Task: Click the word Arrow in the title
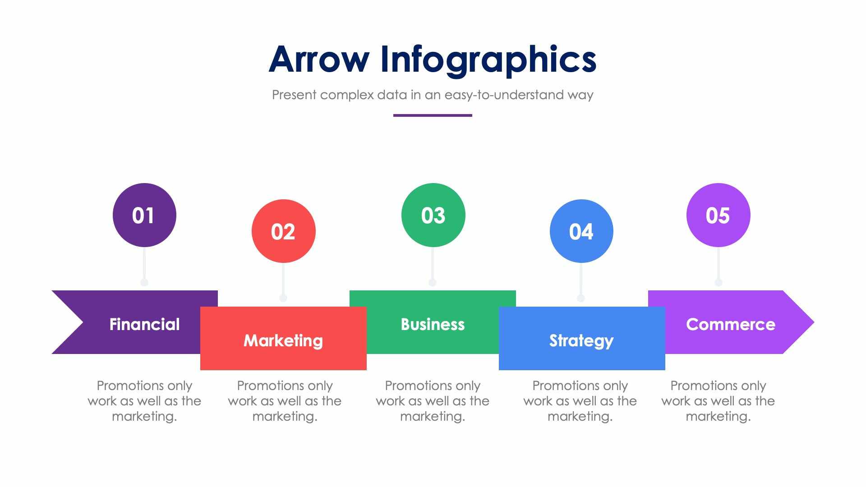tap(319, 59)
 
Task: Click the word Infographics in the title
tap(488, 60)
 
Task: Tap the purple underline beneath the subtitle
tap(433, 115)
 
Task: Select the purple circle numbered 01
tap(144, 215)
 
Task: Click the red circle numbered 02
tap(283, 231)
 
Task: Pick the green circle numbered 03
tap(433, 215)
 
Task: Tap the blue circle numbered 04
tap(581, 231)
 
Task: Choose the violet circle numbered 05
tap(718, 215)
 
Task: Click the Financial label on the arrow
tap(144, 324)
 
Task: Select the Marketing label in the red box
tap(283, 340)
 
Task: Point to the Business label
tap(433, 324)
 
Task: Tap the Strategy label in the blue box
tap(581, 340)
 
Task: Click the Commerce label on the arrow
tap(731, 324)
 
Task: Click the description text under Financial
tap(144, 401)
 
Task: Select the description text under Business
tap(433, 401)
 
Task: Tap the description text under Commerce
tap(718, 401)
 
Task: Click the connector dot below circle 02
tap(283, 298)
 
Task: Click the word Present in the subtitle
tap(294, 95)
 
